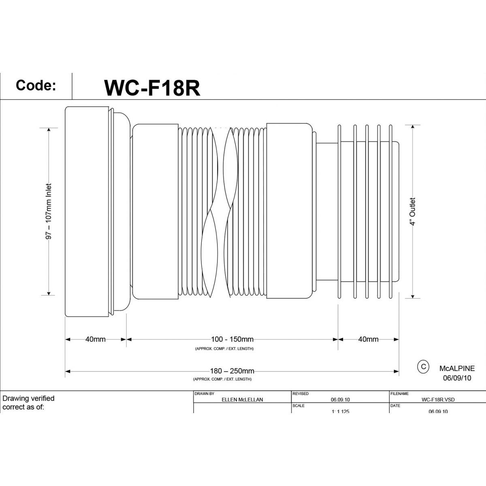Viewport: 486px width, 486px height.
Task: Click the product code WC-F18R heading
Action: pyautogui.click(x=152, y=87)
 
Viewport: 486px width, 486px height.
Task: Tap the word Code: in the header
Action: pyautogui.click(x=36, y=85)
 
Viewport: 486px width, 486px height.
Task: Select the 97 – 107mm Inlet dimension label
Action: pyautogui.click(x=49, y=211)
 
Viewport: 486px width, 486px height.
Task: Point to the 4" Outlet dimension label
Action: pyautogui.click(x=412, y=211)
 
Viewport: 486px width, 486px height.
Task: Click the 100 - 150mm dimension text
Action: pyautogui.click(x=232, y=339)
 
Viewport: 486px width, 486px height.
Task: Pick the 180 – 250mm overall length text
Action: pyautogui.click(x=232, y=371)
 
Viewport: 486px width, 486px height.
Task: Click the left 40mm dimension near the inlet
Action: pyautogui.click(x=96, y=339)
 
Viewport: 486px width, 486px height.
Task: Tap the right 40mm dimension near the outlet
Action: pyautogui.click(x=368, y=339)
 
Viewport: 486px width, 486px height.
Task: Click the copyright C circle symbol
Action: pyautogui.click(x=423, y=367)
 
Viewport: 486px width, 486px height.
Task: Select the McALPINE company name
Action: pyautogui.click(x=457, y=369)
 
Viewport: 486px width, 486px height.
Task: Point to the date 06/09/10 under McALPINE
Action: pyautogui.click(x=457, y=378)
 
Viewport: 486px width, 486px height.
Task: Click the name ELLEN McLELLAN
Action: pyautogui.click(x=243, y=399)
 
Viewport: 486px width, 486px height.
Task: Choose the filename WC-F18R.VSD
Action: pyautogui.click(x=438, y=399)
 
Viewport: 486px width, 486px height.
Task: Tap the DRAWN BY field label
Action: pyautogui.click(x=205, y=393)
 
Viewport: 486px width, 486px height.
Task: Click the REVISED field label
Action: pyautogui.click(x=300, y=393)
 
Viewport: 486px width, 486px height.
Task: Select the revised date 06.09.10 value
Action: pyautogui.click(x=340, y=399)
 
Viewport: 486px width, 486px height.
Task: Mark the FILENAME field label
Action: pyautogui.click(x=400, y=393)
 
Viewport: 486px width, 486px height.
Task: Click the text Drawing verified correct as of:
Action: pyautogui.click(x=28, y=403)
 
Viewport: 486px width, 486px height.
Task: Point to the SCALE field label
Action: pyautogui.click(x=298, y=405)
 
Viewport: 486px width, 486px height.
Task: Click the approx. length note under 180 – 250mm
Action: pyautogui.click(x=222, y=379)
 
